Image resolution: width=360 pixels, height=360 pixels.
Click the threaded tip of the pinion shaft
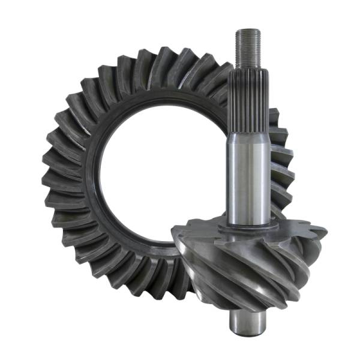pyautogui.click(x=247, y=48)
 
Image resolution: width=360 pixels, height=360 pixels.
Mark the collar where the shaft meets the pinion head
pyautogui.click(x=248, y=224)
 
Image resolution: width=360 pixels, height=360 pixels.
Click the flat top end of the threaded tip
pyautogui.click(x=247, y=31)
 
